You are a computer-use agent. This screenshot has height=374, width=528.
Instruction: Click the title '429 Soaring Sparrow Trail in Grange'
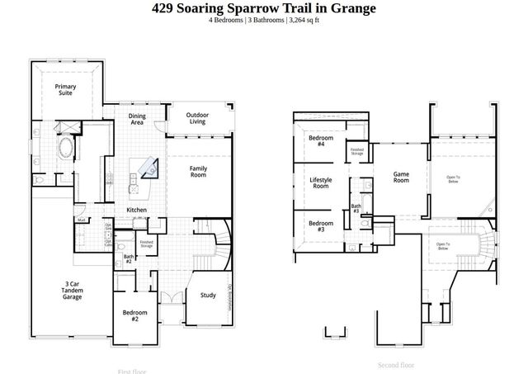click(x=264, y=8)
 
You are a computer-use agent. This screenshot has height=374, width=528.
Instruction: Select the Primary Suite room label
click(x=65, y=89)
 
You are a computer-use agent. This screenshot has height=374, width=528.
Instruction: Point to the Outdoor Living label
click(x=196, y=118)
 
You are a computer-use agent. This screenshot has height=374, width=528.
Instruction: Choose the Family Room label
click(x=198, y=172)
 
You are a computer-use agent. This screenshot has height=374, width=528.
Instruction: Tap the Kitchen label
click(x=136, y=211)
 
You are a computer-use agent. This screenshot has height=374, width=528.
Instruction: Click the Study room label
click(x=208, y=296)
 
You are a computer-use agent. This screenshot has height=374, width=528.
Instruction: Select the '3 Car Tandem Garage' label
click(x=73, y=290)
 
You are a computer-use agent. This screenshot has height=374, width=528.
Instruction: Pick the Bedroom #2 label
click(x=135, y=315)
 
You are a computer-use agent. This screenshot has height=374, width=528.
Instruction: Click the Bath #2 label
click(x=129, y=258)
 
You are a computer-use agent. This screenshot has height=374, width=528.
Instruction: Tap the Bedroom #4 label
click(x=320, y=141)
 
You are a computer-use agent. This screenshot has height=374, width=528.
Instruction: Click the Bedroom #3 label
click(x=320, y=225)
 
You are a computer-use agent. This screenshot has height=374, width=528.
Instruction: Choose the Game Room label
click(x=401, y=177)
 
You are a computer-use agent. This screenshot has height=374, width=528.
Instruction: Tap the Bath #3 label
click(x=356, y=209)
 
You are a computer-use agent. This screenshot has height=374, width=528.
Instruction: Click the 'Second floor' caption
click(x=396, y=365)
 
